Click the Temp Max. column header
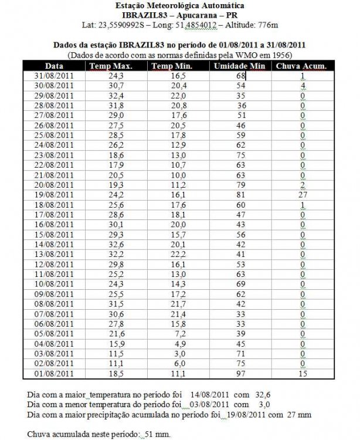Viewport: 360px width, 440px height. pos(110,66)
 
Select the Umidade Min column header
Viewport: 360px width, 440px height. pos(239,66)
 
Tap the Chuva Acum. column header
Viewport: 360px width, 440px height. pos(301,66)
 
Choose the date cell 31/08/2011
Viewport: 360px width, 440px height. pos(55,76)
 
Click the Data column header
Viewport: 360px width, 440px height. pos(54,66)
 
